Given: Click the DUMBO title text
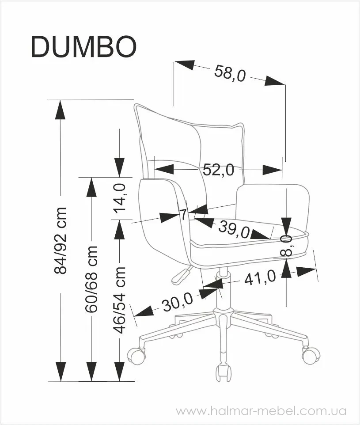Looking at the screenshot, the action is (x=83, y=47).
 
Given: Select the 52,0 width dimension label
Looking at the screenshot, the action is (x=218, y=170).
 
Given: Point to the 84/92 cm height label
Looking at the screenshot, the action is (x=60, y=241).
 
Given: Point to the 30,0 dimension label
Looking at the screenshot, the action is (x=177, y=302).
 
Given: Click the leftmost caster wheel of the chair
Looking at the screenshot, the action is (x=136, y=355).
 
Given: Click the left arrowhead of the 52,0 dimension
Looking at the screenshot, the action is (x=164, y=170).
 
